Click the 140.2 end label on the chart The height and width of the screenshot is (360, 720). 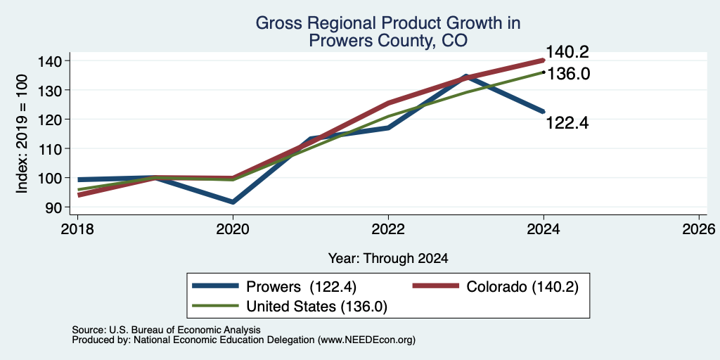(x=567, y=52)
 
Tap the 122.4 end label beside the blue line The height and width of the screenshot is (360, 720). (x=567, y=123)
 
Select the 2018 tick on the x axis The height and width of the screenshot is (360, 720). (x=77, y=229)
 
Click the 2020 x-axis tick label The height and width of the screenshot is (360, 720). (x=233, y=229)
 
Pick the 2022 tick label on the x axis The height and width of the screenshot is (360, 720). (x=388, y=229)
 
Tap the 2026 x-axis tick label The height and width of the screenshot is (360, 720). (x=699, y=229)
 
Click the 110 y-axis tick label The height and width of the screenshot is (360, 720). (x=56, y=149)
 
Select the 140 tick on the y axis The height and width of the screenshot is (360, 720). (x=56, y=61)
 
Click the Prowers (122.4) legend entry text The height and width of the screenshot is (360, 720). (x=302, y=287)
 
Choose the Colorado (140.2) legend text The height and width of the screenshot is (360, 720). (x=522, y=287)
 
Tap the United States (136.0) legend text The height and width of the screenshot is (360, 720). (x=317, y=307)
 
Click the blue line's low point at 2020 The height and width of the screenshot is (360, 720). (x=233, y=202)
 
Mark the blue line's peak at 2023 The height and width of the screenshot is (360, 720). (x=466, y=76)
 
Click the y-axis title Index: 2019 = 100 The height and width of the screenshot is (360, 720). (x=22, y=134)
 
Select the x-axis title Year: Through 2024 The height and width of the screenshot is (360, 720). (x=388, y=259)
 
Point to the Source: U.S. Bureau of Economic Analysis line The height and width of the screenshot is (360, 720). (x=166, y=330)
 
